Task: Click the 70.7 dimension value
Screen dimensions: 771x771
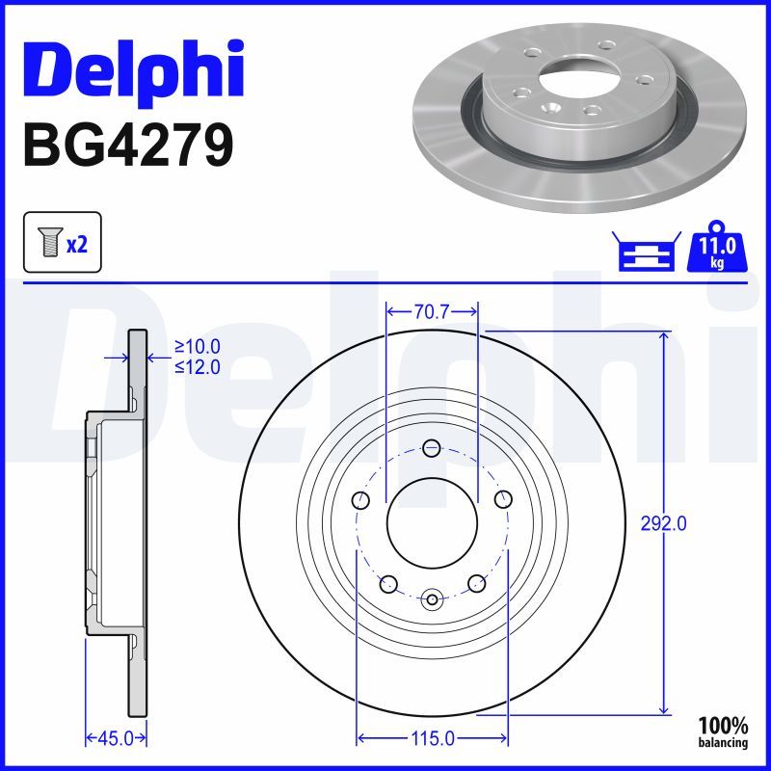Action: (432, 311)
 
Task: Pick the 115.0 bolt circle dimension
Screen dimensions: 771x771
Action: (433, 738)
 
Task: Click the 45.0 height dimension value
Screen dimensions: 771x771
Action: (116, 738)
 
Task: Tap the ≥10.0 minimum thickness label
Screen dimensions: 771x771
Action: (198, 347)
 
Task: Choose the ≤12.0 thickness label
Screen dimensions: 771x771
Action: (198, 366)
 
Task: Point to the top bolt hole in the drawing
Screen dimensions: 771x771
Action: (432, 447)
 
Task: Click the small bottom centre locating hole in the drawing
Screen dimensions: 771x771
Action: (432, 600)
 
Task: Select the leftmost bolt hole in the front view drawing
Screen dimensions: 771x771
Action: (362, 499)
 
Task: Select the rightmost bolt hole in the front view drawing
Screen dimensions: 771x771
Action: (502, 499)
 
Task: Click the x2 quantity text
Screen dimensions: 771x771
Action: (77, 244)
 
